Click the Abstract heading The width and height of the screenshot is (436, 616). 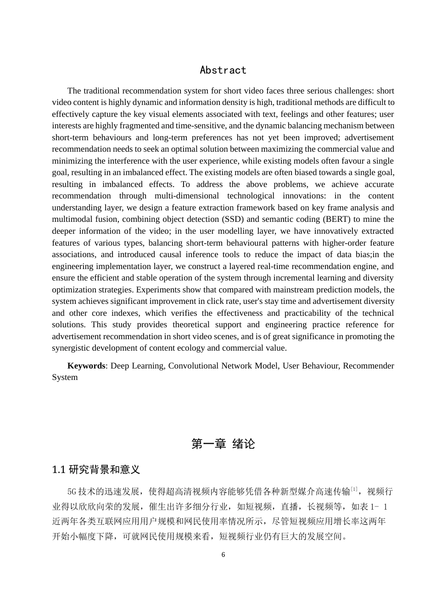tap(223, 70)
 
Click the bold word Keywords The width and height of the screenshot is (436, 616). tap(86, 366)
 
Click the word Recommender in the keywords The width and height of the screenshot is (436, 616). tap(368, 366)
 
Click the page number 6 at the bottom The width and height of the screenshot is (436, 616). tap(223, 555)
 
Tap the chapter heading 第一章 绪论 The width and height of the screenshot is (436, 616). tap(223, 444)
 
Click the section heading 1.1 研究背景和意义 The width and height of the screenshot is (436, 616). tap(96, 469)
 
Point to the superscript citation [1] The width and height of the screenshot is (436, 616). tap(354, 489)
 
